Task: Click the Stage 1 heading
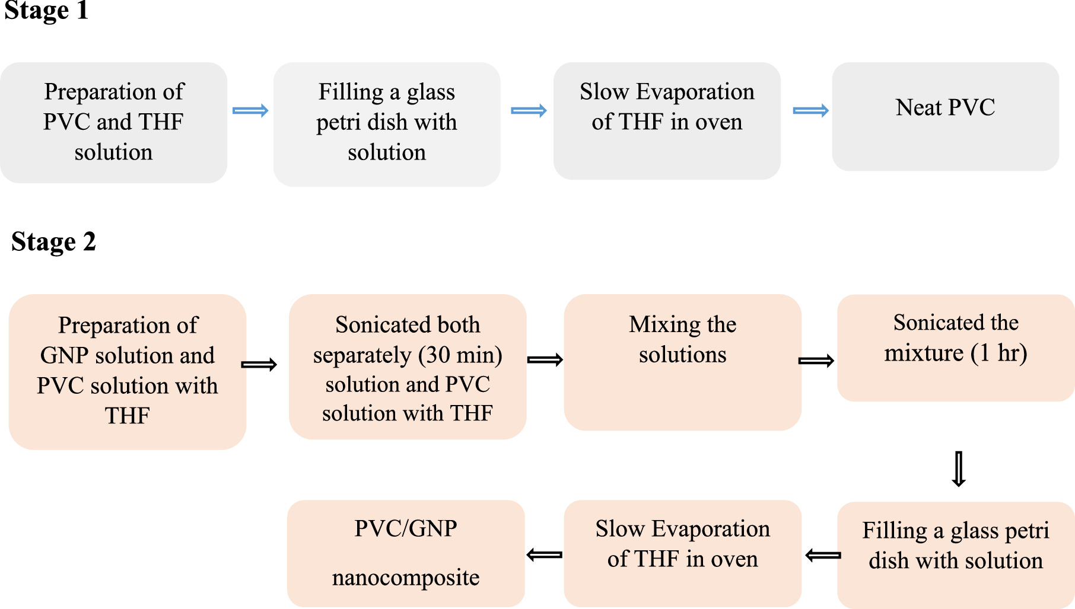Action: [x=46, y=11]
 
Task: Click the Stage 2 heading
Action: [x=53, y=242]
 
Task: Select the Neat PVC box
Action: [x=945, y=116]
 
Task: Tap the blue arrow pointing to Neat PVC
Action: [x=810, y=110]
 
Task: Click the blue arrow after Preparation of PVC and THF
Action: [x=250, y=110]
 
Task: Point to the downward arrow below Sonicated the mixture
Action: [x=959, y=469]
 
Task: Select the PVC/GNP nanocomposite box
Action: [x=406, y=553]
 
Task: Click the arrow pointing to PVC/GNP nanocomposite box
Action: [x=545, y=555]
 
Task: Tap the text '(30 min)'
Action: [x=460, y=355]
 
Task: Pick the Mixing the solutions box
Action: [x=682, y=362]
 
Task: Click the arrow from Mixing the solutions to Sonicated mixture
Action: [x=816, y=361]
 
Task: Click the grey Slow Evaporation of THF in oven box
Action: [x=667, y=120]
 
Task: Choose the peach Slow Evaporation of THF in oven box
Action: [x=682, y=553]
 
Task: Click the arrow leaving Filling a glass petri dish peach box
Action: [x=823, y=556]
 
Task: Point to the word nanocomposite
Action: [x=406, y=577]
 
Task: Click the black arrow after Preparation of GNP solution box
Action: [x=259, y=365]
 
